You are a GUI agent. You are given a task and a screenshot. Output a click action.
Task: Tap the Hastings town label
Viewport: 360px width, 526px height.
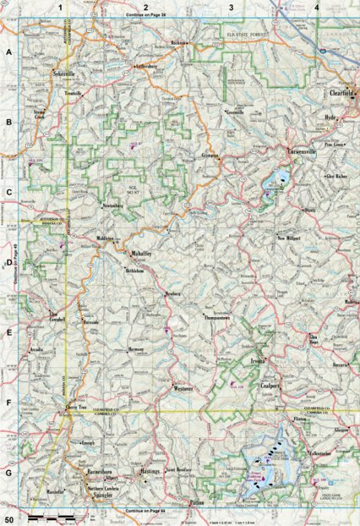[x=150, y=469]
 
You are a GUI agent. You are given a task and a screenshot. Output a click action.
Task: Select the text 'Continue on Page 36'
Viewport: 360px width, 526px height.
[x=146, y=15]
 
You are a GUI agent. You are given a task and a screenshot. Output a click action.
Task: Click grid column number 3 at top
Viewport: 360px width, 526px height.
[x=231, y=7]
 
